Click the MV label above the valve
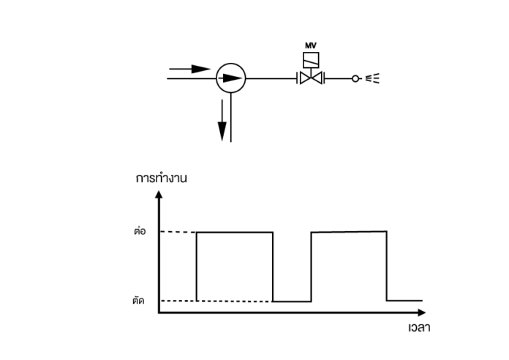coord(311,45)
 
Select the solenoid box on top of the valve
coord(311,60)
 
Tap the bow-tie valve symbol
coord(311,78)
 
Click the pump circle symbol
coord(231,64)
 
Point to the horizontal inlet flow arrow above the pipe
coord(190,69)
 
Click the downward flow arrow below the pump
coord(222,120)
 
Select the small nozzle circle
coord(355,78)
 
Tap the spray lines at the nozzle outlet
coord(372,78)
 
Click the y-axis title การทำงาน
coord(162,178)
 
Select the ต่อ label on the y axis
coord(140,231)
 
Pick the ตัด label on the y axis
coord(139,300)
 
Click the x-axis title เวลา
coord(419,327)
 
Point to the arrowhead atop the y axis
coord(159,195)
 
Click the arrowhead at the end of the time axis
coord(422,312)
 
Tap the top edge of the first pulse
coord(235,232)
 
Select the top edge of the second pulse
coord(349,232)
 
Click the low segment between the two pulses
coord(292,301)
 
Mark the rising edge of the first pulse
coord(197,266)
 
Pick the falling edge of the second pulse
coord(387,266)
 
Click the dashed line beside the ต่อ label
coord(178,232)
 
